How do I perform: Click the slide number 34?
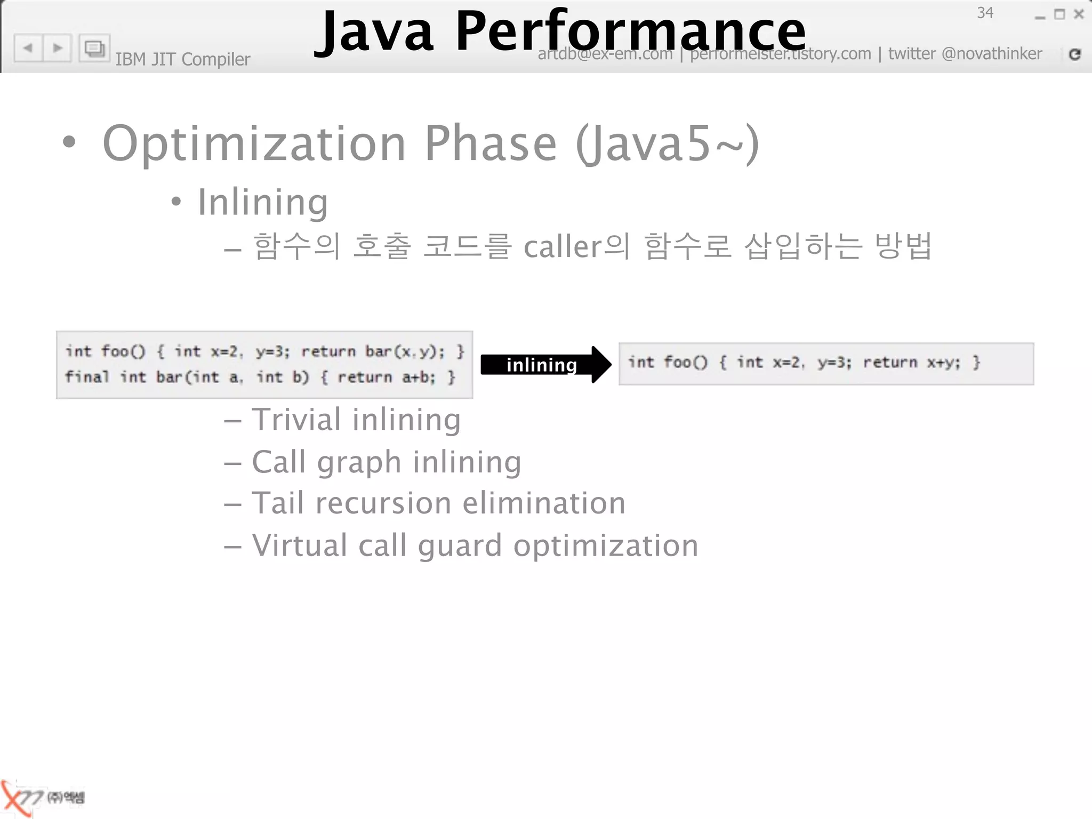[x=985, y=13]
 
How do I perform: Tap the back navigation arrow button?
[x=28, y=48]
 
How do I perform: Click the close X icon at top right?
[x=1079, y=14]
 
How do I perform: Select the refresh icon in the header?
[x=1074, y=54]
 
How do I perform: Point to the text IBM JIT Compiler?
[x=182, y=59]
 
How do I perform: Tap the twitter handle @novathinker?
[x=991, y=54]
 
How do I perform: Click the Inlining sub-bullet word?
[x=263, y=202]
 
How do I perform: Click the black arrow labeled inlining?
[x=545, y=365]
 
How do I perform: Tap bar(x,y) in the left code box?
[x=404, y=351]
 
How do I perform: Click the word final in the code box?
[x=87, y=377]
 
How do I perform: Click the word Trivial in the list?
[x=296, y=419]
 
